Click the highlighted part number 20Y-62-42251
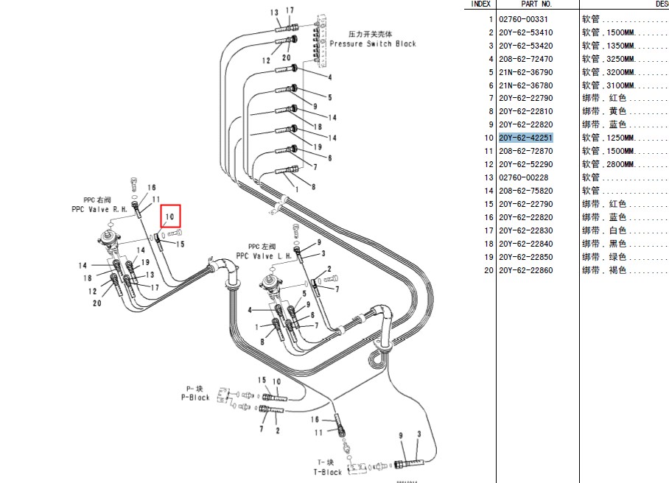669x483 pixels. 525,138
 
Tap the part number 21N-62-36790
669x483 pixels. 525,72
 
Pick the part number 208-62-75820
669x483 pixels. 525,191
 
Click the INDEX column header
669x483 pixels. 480,4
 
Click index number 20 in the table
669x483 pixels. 488,270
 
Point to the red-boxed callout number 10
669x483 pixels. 169,217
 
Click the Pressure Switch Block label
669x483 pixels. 372,43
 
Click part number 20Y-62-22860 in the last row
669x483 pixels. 525,270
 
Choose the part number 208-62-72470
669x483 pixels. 525,59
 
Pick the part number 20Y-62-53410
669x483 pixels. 525,32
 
